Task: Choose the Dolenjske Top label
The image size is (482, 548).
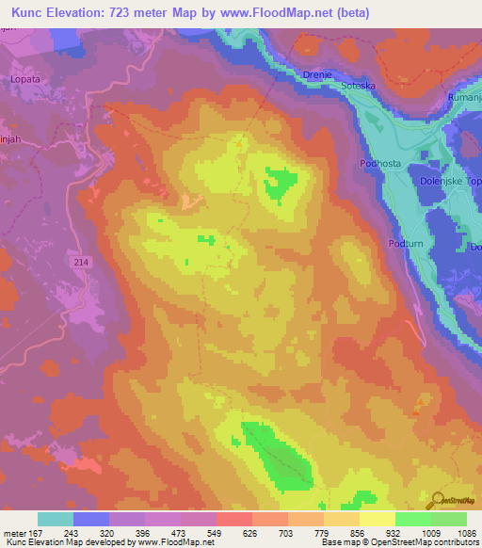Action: pos(448,182)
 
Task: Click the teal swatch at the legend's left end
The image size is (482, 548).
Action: pos(56,519)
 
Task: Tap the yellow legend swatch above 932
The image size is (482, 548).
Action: pos(377,519)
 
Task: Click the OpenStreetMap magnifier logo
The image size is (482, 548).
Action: pos(437,502)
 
